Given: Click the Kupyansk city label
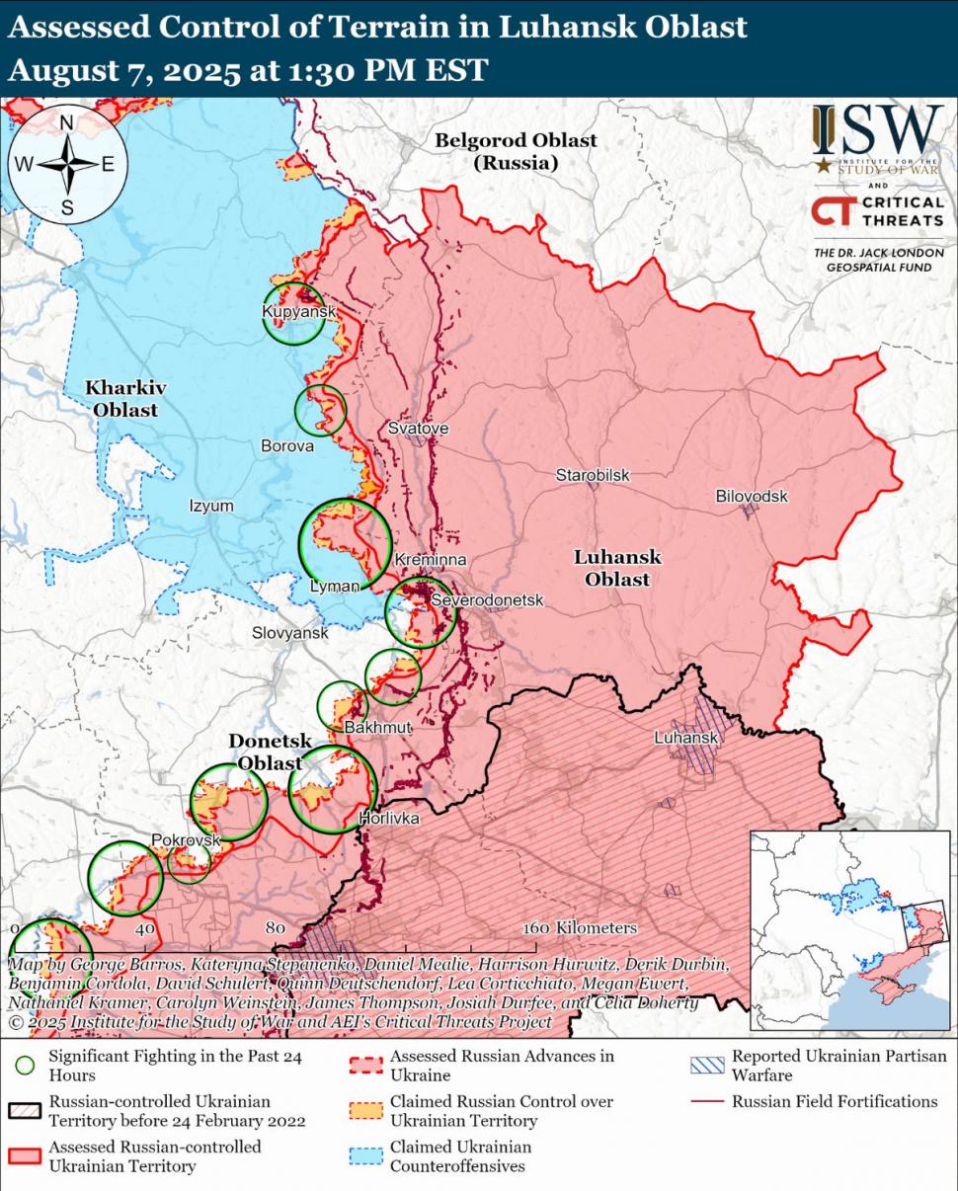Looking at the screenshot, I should [299, 312].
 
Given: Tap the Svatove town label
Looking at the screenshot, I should [418, 429].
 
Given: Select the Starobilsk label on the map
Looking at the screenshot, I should [592, 475].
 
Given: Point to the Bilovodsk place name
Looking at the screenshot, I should [752, 496].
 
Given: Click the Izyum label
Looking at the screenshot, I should [211, 506].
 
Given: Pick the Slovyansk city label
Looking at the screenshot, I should [289, 632].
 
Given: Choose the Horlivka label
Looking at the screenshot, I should [389, 819].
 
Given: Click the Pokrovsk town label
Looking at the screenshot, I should [185, 839].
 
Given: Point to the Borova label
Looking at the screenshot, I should [287, 446].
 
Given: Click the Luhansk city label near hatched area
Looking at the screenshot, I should [685, 738].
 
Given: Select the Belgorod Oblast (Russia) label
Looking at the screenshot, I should [516, 151].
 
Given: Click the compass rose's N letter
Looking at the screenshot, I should [67, 123].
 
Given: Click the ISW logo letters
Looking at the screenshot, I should [877, 129].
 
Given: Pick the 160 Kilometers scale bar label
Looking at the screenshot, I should [580, 928].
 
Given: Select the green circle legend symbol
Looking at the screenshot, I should [27, 1065].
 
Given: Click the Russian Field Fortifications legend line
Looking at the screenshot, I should [707, 1101].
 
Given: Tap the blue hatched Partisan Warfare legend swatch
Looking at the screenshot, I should [707, 1065].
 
